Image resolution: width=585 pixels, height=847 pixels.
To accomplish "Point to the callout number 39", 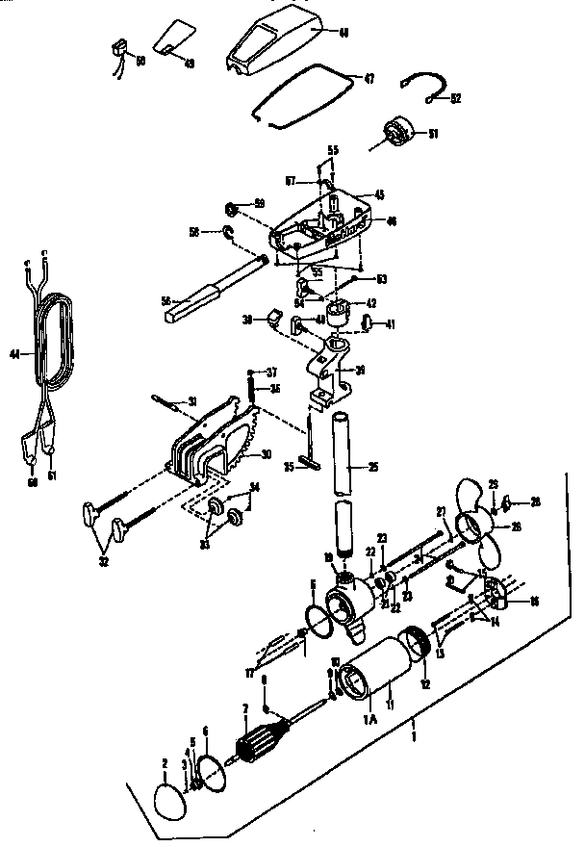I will [360, 370].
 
